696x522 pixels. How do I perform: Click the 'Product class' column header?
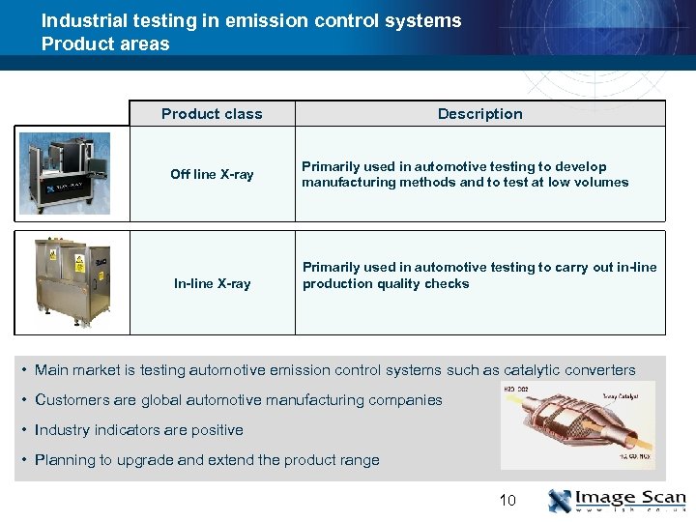click(x=212, y=113)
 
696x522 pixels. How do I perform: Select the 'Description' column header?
click(x=479, y=113)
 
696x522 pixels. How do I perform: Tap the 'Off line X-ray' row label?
click(x=212, y=174)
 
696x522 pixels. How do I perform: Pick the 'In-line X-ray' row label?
click(x=212, y=283)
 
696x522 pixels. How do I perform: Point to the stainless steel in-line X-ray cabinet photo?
click(x=72, y=282)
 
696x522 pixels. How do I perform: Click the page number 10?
click(x=507, y=500)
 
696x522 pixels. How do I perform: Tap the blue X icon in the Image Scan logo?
click(x=561, y=501)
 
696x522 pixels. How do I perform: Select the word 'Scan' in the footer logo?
click(x=658, y=497)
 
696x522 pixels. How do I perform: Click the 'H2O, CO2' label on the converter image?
click(x=515, y=390)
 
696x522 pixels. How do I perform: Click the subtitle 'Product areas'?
click(x=104, y=43)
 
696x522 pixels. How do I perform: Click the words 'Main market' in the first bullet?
click(x=73, y=369)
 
